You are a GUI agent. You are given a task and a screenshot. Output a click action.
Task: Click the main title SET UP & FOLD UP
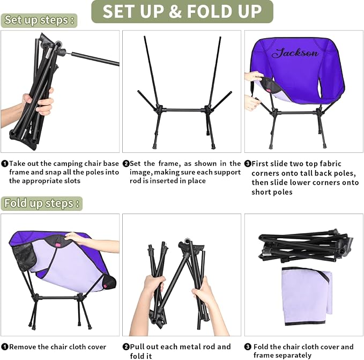(182, 11)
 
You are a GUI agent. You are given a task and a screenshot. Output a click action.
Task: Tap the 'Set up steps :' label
(39, 20)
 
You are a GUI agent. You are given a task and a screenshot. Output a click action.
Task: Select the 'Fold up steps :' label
(42, 203)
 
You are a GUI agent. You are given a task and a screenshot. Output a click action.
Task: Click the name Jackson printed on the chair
(295, 53)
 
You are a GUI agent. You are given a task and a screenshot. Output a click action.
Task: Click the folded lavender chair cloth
(307, 296)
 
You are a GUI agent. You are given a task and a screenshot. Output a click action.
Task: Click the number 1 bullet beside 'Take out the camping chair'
(4, 164)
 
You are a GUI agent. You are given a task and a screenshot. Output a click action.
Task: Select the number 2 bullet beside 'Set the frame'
(126, 164)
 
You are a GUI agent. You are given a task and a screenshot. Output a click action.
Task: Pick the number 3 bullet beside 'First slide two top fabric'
(248, 164)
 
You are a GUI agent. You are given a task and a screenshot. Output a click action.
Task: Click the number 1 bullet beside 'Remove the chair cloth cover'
(4, 347)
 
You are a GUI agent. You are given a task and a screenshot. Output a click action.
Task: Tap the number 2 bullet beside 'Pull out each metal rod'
(126, 347)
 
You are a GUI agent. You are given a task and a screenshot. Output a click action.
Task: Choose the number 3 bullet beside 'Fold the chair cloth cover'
(248, 347)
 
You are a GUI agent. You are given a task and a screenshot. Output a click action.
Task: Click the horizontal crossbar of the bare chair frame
(183, 110)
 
